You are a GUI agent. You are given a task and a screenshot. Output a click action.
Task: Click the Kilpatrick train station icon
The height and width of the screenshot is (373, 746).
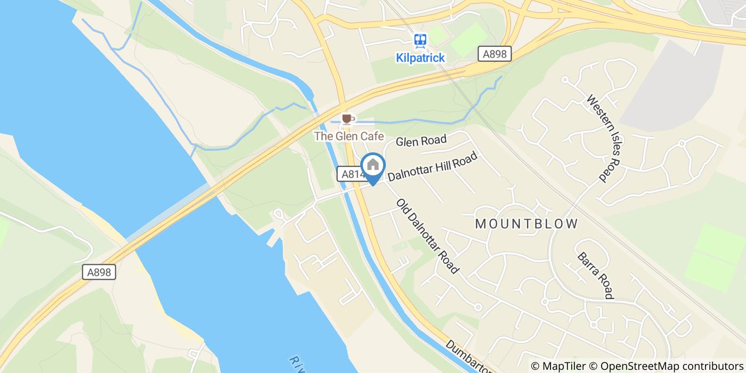click(420, 40)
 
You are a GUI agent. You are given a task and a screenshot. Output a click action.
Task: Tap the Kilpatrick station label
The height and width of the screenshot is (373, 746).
click(420, 58)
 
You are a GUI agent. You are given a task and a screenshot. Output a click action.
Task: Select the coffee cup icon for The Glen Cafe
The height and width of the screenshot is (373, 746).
click(347, 118)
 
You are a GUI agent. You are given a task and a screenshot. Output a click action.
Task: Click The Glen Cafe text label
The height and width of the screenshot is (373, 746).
click(349, 136)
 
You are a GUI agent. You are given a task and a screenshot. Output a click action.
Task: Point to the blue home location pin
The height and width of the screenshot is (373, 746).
click(373, 165)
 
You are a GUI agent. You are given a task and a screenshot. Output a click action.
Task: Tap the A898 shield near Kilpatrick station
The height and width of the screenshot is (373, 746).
click(494, 54)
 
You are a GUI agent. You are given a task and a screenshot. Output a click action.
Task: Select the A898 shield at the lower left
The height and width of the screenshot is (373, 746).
click(100, 272)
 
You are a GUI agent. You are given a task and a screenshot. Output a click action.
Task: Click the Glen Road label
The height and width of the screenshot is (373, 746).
click(421, 141)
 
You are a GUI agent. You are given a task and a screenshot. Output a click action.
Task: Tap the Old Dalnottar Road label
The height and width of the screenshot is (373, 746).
click(427, 236)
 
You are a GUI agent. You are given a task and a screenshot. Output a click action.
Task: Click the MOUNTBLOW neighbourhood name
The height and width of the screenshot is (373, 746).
click(526, 224)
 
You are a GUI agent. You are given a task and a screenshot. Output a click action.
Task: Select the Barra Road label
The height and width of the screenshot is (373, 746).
click(596, 275)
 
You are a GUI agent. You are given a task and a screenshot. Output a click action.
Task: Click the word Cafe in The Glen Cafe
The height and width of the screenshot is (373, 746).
click(372, 136)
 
